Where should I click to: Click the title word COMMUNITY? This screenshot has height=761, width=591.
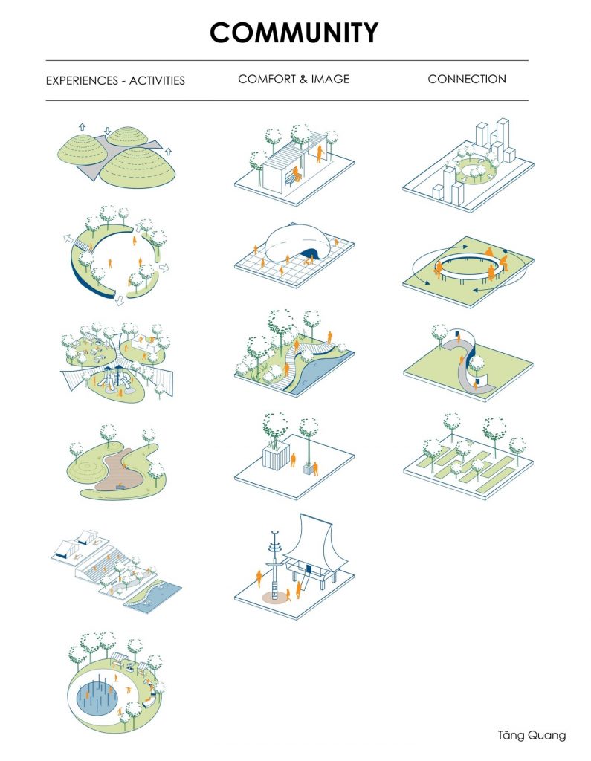(x=294, y=33)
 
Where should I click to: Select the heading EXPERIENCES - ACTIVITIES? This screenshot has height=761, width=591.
(x=115, y=80)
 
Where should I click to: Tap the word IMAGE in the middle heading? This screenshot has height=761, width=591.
(x=330, y=79)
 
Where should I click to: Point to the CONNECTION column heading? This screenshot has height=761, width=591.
(x=467, y=79)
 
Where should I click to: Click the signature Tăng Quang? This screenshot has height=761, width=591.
(x=532, y=735)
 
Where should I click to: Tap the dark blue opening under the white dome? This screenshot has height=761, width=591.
(x=308, y=253)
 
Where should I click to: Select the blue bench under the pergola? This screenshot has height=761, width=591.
(x=292, y=179)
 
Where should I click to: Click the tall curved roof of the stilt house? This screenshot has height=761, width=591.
(x=310, y=539)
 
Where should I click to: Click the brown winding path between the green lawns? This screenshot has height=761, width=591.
(x=118, y=470)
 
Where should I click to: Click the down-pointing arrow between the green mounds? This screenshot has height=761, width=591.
(x=107, y=131)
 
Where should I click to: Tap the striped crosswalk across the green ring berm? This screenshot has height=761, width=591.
(x=83, y=244)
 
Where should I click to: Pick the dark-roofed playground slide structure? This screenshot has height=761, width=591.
(x=114, y=378)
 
